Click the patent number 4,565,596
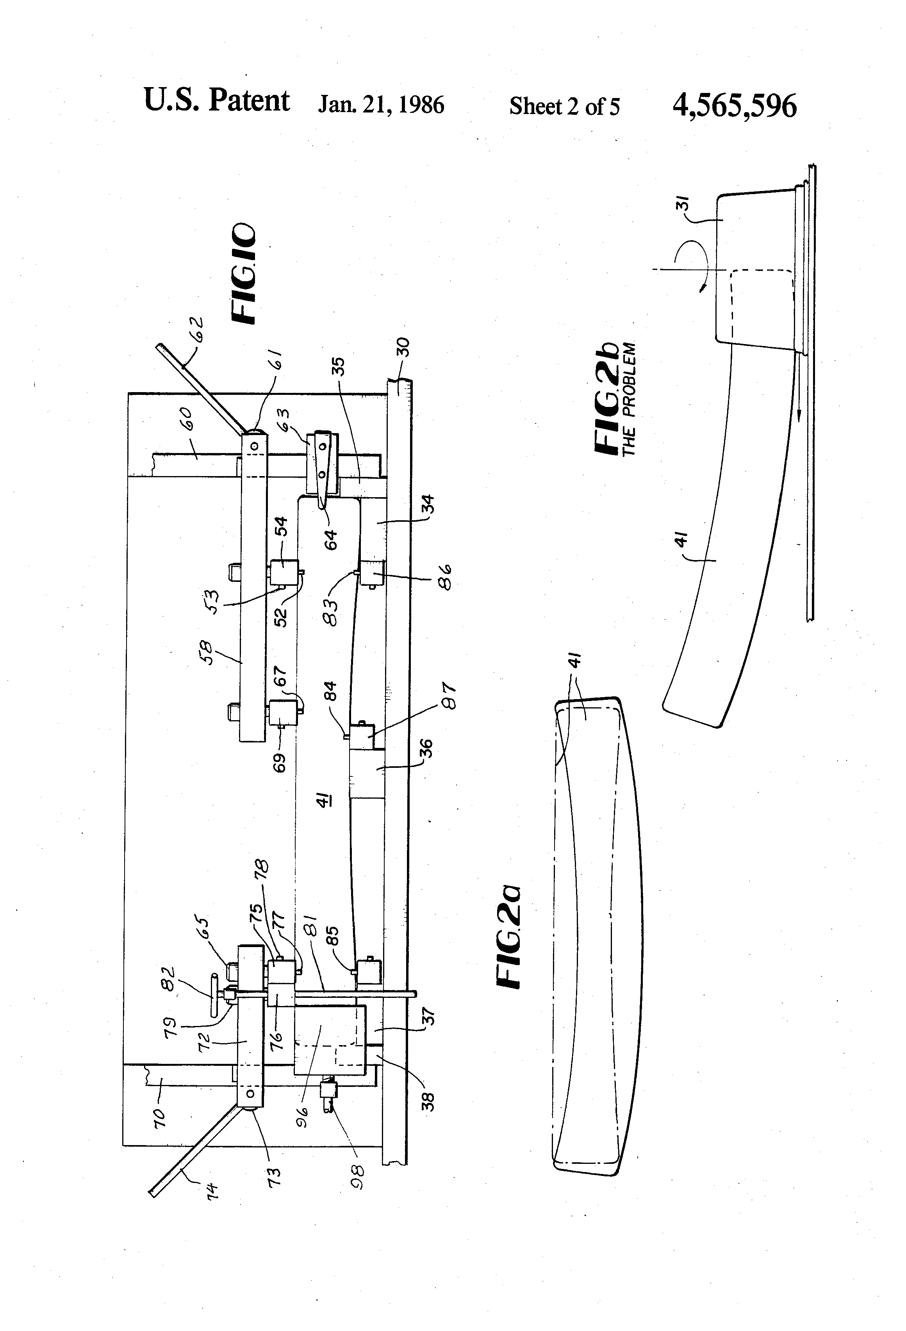[x=734, y=106]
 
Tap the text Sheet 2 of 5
[x=564, y=107]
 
